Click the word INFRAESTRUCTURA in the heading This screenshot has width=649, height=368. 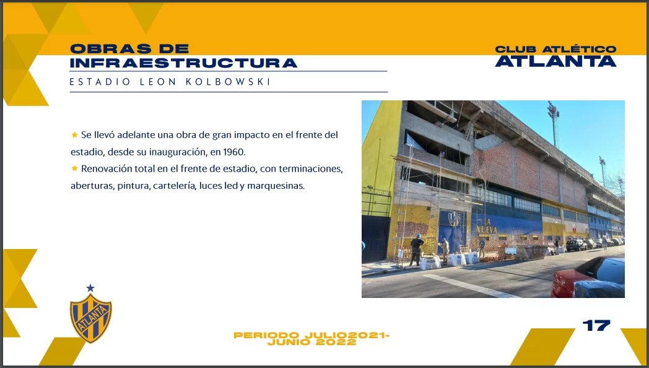click(x=183, y=63)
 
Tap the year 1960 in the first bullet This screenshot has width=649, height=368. click(x=234, y=152)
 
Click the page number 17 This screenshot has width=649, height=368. click(x=596, y=325)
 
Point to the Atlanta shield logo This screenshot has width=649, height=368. click(x=90, y=318)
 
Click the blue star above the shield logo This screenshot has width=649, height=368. click(x=90, y=287)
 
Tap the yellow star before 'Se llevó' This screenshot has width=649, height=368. click(x=74, y=134)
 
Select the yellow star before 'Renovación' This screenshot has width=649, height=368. click(x=74, y=168)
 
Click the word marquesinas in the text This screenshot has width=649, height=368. click(x=276, y=186)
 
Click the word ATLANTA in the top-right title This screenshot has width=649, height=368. click(x=556, y=61)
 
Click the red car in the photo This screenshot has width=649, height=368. click(x=588, y=278)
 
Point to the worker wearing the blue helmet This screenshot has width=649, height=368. click(x=416, y=249)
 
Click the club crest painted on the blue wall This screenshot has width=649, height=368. click(x=454, y=219)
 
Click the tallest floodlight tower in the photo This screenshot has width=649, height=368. click(x=554, y=123)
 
